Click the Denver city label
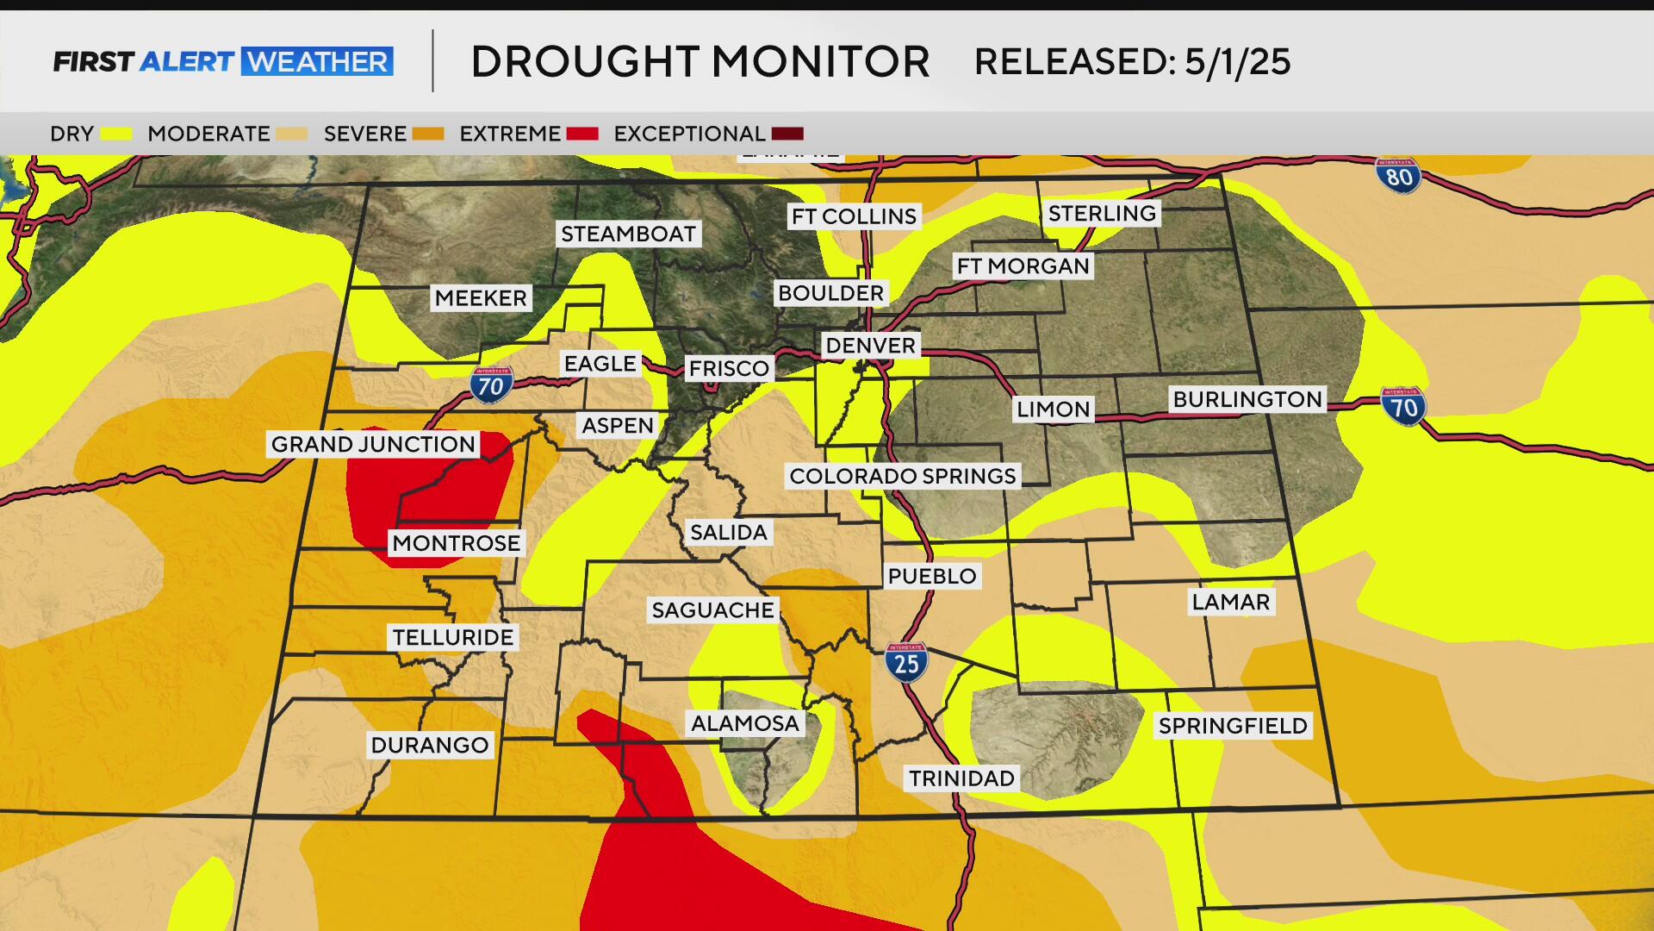(870, 346)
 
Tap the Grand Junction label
(373, 444)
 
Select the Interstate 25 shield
(906, 663)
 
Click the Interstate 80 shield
(1398, 176)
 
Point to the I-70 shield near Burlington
(1403, 407)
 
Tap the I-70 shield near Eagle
(491, 385)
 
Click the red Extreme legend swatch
(582, 134)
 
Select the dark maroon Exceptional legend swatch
(787, 134)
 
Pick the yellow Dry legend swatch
(116, 134)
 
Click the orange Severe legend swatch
(428, 134)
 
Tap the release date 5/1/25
(1237, 62)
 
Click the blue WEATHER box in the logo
(317, 62)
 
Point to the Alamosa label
(745, 723)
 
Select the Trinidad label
(961, 778)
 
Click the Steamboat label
(628, 234)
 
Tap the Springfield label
(1233, 726)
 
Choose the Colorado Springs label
(902, 476)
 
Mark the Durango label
(430, 745)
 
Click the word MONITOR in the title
(820, 62)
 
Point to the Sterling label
(1102, 213)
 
